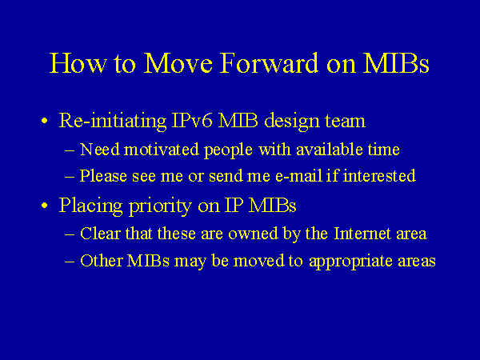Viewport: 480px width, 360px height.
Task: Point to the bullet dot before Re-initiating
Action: click(45, 122)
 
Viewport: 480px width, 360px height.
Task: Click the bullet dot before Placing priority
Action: click(45, 206)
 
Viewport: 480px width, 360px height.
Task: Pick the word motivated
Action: click(154, 150)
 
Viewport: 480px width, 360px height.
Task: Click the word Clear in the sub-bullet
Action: click(100, 234)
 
